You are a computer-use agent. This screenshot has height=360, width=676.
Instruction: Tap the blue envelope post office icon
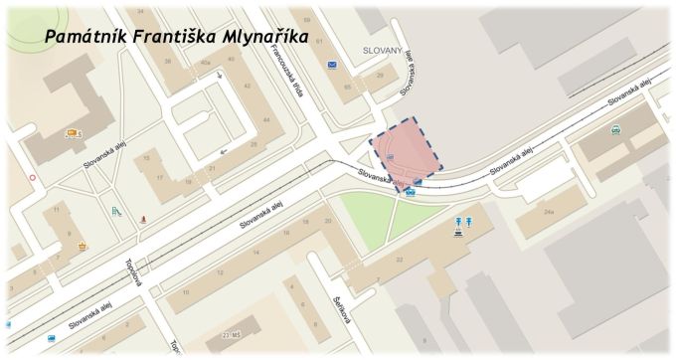(x=332, y=65)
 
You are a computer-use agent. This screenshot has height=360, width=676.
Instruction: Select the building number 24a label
(x=549, y=213)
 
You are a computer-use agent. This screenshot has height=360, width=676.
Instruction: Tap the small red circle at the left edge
(x=33, y=178)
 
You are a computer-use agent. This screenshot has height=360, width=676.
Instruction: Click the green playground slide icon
(x=115, y=212)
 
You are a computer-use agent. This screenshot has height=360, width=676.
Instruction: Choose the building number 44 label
(x=265, y=120)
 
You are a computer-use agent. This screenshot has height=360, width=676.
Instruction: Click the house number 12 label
(x=220, y=270)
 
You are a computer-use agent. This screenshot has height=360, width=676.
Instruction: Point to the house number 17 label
(x=159, y=178)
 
